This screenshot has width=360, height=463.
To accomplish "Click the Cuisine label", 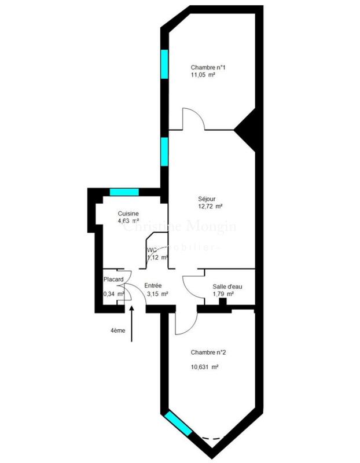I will coord(128,214).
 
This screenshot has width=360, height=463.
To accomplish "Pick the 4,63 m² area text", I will coord(128,221).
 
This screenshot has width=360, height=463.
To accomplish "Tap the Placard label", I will coord(114,280).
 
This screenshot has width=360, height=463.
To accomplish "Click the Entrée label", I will coord(153,285).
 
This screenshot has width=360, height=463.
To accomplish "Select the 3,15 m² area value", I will coord(157,293).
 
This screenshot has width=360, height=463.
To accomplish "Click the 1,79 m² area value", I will coord(223,294).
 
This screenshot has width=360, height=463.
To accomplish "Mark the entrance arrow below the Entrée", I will coord(133,324).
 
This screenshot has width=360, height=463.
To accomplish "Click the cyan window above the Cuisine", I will coord(124,192).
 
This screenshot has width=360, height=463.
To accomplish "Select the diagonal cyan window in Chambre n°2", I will coord(178,422).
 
